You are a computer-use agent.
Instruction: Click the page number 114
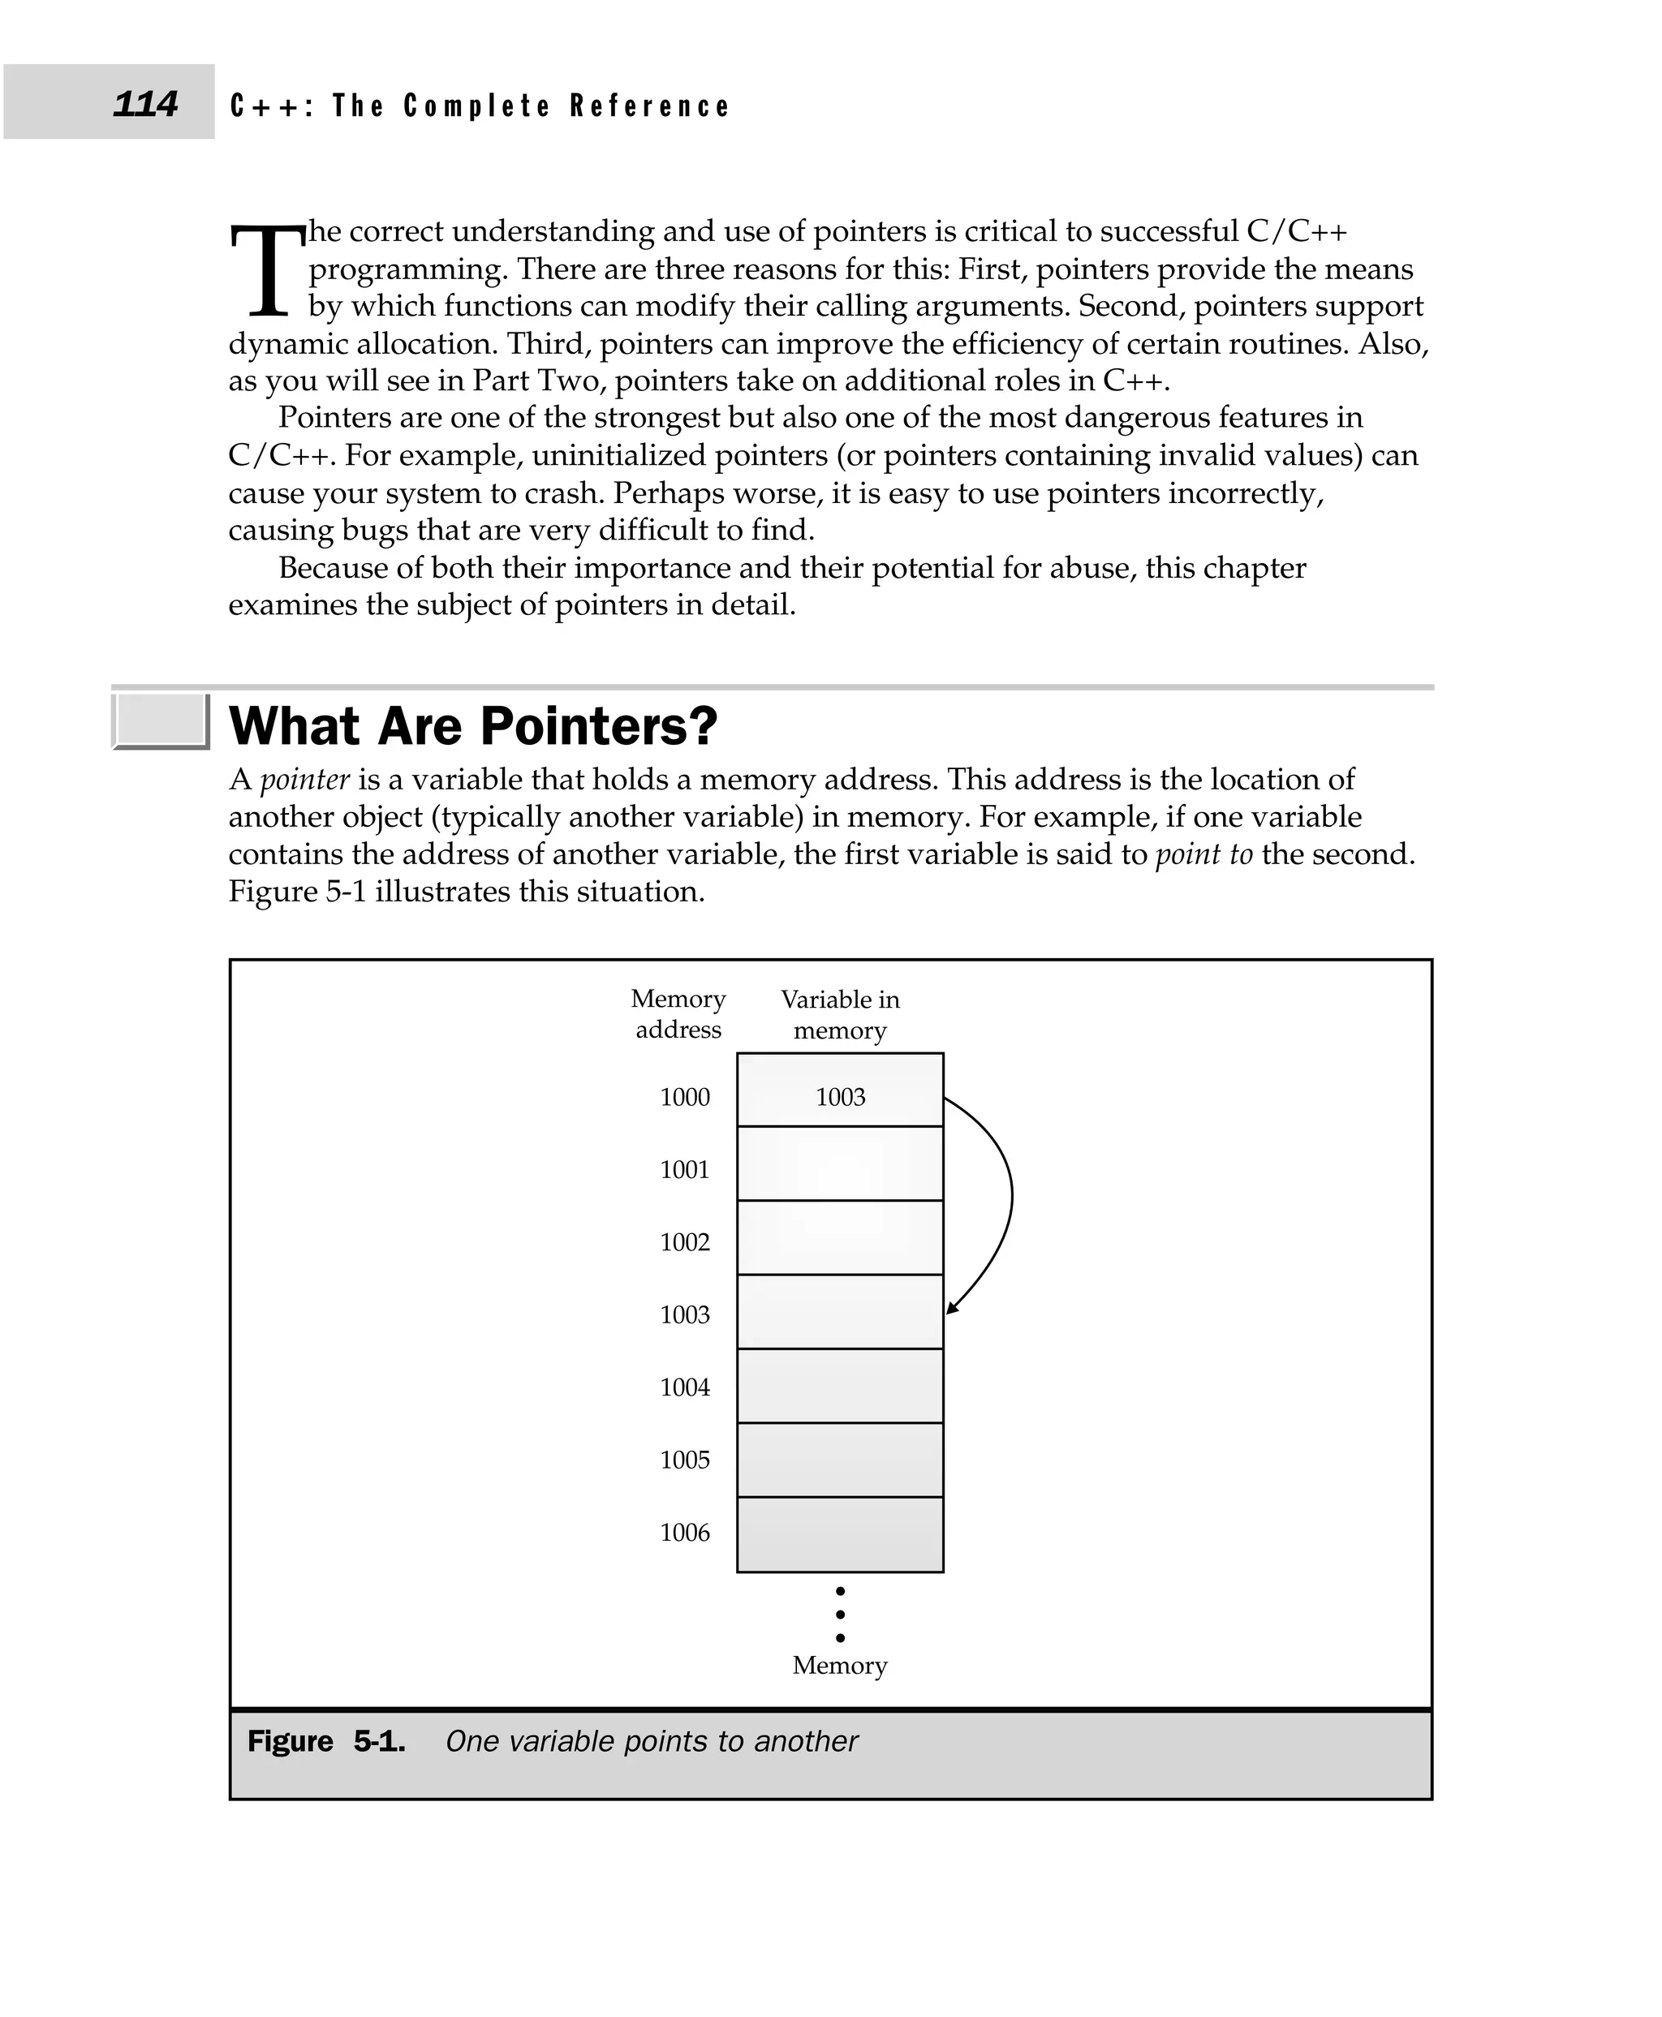144,103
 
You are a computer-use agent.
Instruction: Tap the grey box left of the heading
160,720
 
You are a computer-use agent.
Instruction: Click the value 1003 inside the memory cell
840,1097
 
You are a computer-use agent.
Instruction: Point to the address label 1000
685,1097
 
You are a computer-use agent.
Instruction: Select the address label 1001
685,1170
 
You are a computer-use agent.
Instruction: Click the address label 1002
685,1242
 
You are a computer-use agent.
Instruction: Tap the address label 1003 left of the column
685,1314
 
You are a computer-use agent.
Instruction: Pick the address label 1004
685,1387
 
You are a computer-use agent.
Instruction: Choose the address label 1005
685,1460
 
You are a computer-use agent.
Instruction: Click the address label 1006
685,1533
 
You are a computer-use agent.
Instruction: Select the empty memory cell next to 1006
840,1534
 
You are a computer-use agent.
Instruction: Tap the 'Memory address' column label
678,1013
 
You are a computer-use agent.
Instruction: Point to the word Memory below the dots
840,1666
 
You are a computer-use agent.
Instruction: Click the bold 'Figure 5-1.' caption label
325,1741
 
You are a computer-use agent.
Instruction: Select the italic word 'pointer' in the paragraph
304,779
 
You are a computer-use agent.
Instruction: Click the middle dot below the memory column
840,1614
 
